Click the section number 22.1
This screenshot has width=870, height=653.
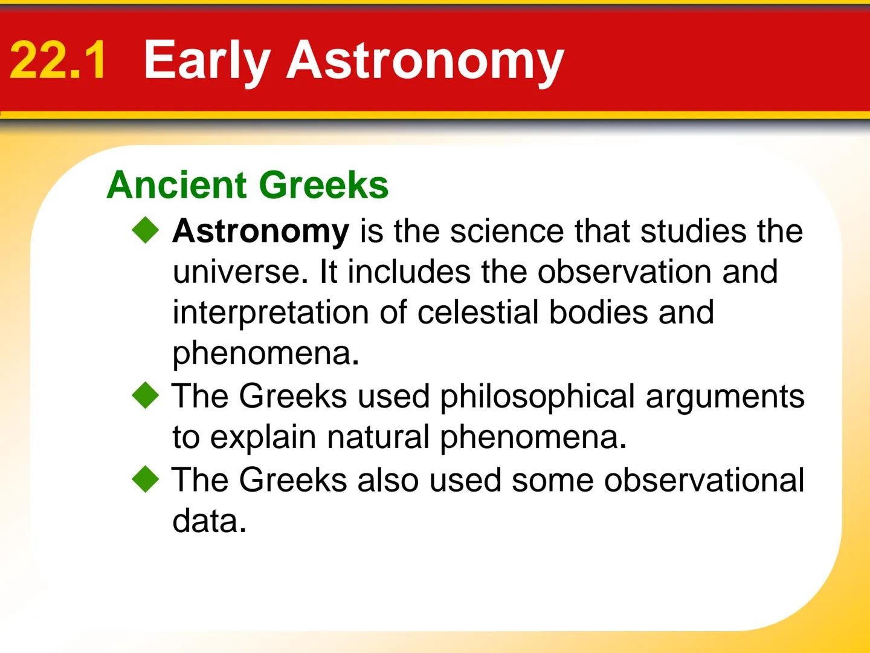point(59,60)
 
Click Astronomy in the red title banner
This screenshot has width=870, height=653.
point(425,60)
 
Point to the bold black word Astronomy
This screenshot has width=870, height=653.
point(260,232)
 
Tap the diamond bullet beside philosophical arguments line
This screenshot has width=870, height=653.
point(146,397)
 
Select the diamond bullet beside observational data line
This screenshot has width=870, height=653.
point(146,481)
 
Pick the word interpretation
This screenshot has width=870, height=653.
point(271,313)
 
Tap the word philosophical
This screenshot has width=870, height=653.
point(537,397)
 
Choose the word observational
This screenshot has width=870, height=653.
point(704,481)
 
